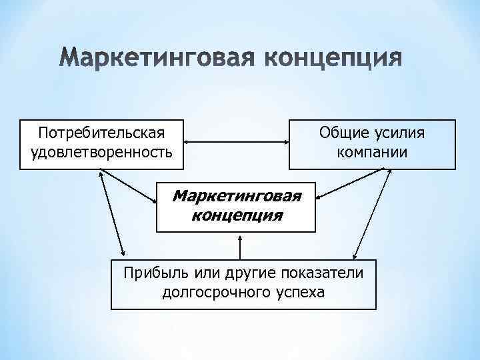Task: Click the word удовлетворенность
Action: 101,153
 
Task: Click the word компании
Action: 373,153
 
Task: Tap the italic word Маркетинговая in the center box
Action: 237,196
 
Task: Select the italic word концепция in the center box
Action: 237,215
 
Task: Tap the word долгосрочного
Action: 213,292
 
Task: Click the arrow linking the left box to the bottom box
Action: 111,213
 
